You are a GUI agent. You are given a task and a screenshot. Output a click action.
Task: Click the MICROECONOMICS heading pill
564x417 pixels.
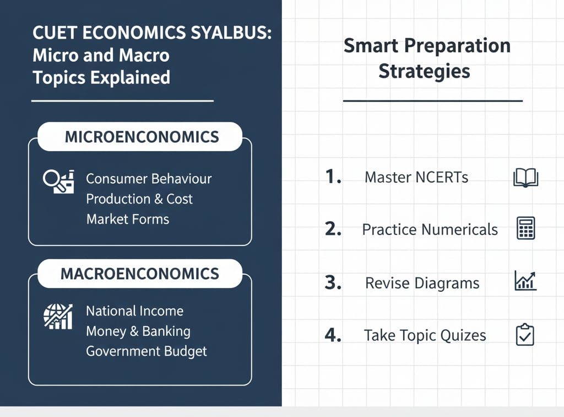[x=140, y=137]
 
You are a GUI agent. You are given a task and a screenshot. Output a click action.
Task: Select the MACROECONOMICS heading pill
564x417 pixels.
[x=140, y=274]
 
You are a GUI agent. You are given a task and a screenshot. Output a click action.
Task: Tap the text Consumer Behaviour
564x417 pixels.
[x=149, y=179]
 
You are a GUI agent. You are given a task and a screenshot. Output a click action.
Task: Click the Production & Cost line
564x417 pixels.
[x=139, y=199]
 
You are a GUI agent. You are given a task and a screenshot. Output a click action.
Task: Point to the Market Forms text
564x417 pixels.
[x=128, y=219]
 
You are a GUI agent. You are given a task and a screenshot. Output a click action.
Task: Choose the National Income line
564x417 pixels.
[x=134, y=311]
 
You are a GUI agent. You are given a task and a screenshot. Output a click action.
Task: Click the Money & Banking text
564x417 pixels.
[x=138, y=332]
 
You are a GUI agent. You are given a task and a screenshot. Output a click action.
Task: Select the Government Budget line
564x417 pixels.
[x=147, y=351]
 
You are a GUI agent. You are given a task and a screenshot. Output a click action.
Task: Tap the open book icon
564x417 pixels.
[x=525, y=178]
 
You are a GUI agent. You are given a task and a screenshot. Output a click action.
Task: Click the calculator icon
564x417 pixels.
[x=525, y=228]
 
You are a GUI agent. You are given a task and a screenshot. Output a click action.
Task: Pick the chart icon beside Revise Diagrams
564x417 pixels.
[x=525, y=281]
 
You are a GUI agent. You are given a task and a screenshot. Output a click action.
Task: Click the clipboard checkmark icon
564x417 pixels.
[x=525, y=335]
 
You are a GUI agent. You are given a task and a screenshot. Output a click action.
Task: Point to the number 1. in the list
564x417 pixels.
[x=333, y=177]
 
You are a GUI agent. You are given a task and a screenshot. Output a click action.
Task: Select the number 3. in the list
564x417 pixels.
[x=333, y=283]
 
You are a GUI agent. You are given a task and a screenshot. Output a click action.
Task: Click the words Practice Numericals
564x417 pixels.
[x=430, y=230]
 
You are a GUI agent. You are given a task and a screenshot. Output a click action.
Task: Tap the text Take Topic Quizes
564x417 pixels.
[x=425, y=335]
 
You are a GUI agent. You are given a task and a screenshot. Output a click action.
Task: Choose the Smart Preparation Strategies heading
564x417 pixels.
[x=426, y=58]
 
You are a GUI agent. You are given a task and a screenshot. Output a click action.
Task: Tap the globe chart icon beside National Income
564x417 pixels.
[x=58, y=317]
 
